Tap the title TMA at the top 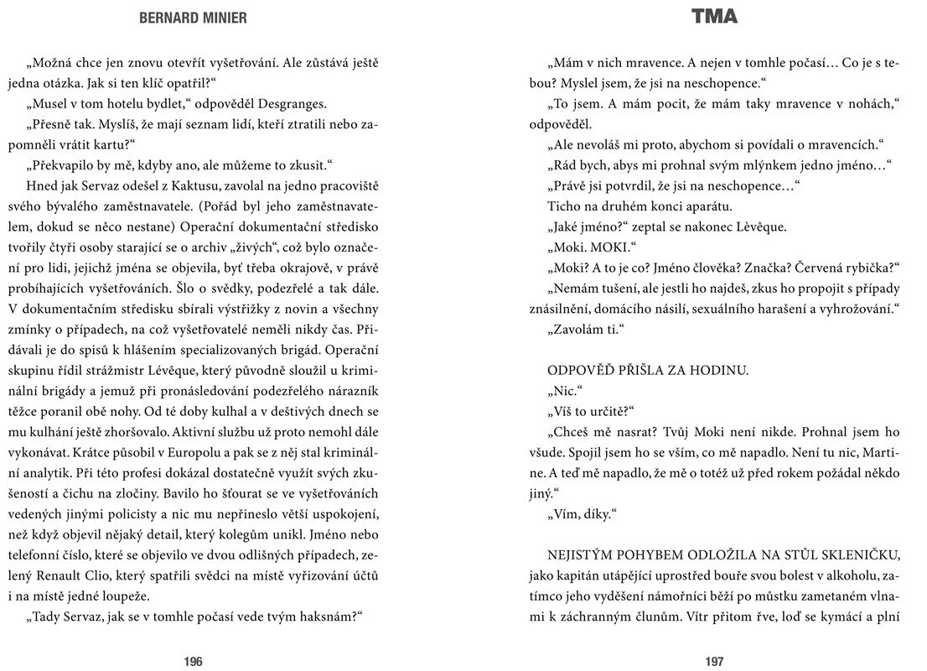coord(715,17)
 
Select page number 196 coord(194,661)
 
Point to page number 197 coord(714,661)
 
